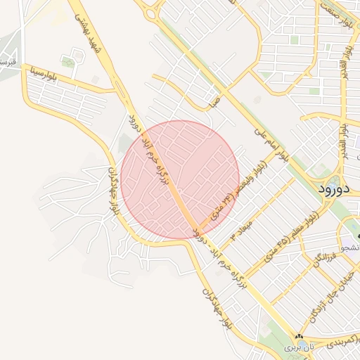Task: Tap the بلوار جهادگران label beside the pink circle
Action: pyautogui.click(x=114, y=191)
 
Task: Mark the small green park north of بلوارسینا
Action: pyautogui.click(x=68, y=63)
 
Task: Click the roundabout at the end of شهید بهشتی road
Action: pyautogui.click(x=149, y=10)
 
